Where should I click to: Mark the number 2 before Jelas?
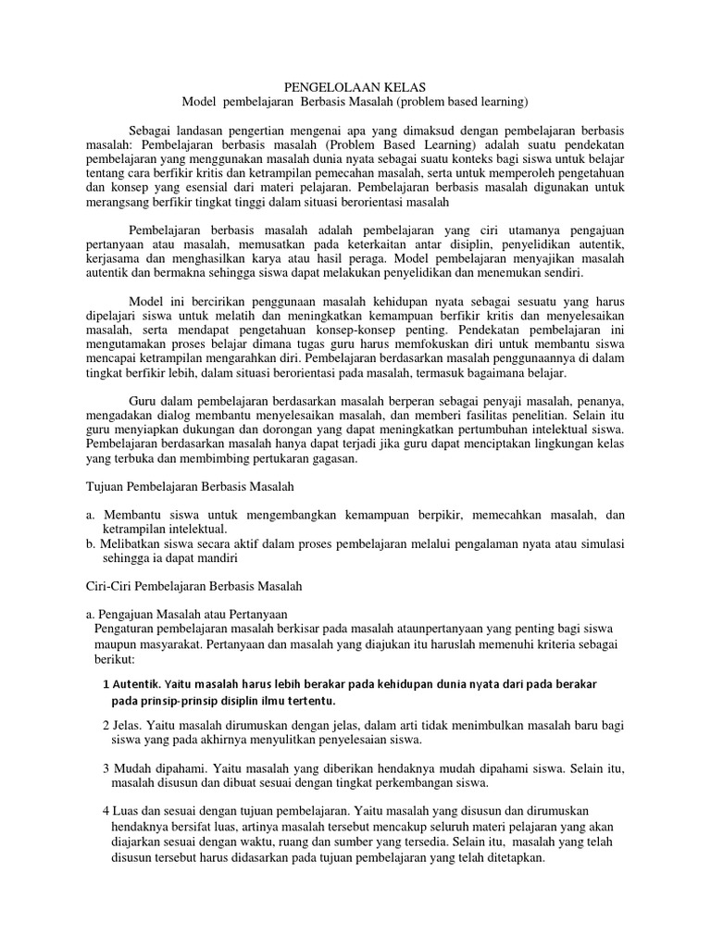pyautogui.click(x=106, y=726)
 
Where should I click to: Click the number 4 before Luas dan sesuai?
pyautogui.click(x=106, y=811)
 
